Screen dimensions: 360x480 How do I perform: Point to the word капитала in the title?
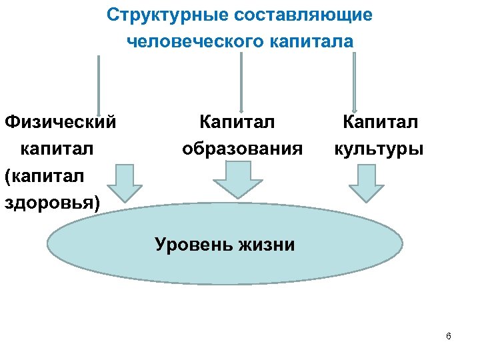point(312,41)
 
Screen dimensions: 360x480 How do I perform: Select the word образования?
point(242,148)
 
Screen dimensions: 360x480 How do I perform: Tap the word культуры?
point(379,148)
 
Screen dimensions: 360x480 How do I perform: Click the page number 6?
point(448,336)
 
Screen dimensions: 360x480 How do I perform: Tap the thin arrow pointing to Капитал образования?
point(241,80)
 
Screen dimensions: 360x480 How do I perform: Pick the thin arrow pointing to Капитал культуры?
point(354,80)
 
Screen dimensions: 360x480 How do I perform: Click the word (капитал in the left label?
point(45,175)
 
